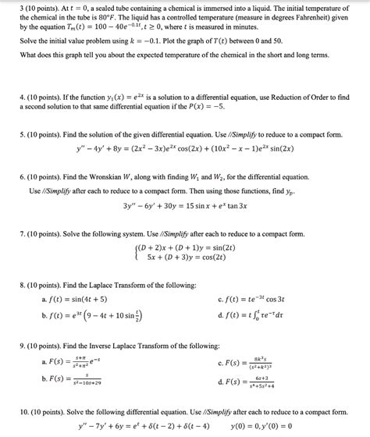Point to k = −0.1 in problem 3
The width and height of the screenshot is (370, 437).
[x=154, y=40]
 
